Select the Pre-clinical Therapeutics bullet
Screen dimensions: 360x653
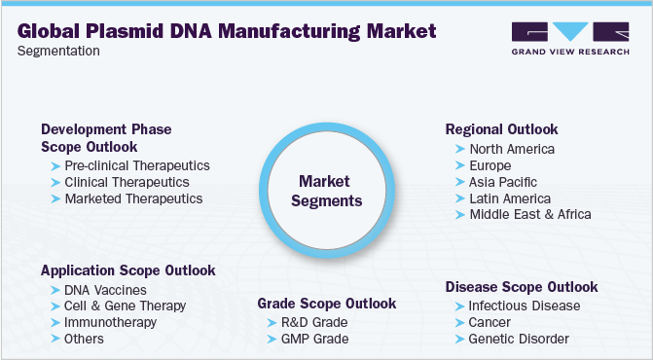pos(136,165)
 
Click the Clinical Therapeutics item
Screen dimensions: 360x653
pos(127,182)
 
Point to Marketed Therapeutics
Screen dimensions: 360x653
pos(133,198)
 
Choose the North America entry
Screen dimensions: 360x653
pos(512,149)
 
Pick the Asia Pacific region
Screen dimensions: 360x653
pos(503,182)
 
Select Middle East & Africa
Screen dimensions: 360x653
pos(530,214)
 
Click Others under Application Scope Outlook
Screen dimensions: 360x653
pos(85,339)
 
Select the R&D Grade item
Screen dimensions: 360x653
pos(313,322)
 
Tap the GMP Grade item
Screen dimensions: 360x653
pos(313,339)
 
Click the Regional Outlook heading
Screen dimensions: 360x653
pos(502,128)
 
